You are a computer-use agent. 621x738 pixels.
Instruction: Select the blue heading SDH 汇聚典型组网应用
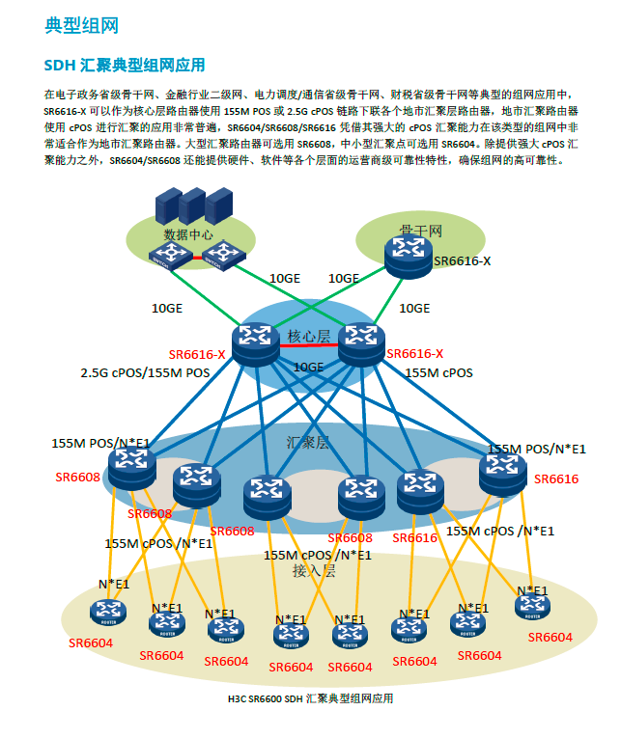[125, 66]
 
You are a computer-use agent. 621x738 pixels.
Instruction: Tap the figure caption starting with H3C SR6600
[310, 697]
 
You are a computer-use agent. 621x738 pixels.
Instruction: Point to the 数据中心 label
[188, 234]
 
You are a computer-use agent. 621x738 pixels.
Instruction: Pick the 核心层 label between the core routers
[309, 336]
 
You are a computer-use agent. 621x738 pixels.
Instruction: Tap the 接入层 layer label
[314, 570]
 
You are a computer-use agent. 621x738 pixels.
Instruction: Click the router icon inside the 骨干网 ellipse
[409, 252]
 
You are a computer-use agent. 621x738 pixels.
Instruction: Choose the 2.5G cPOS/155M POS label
[145, 372]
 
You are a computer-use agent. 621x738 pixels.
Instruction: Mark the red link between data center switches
[197, 257]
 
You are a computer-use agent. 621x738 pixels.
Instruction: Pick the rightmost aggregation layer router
[501, 471]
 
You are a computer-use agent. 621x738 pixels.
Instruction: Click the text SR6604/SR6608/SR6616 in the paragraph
[280, 126]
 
